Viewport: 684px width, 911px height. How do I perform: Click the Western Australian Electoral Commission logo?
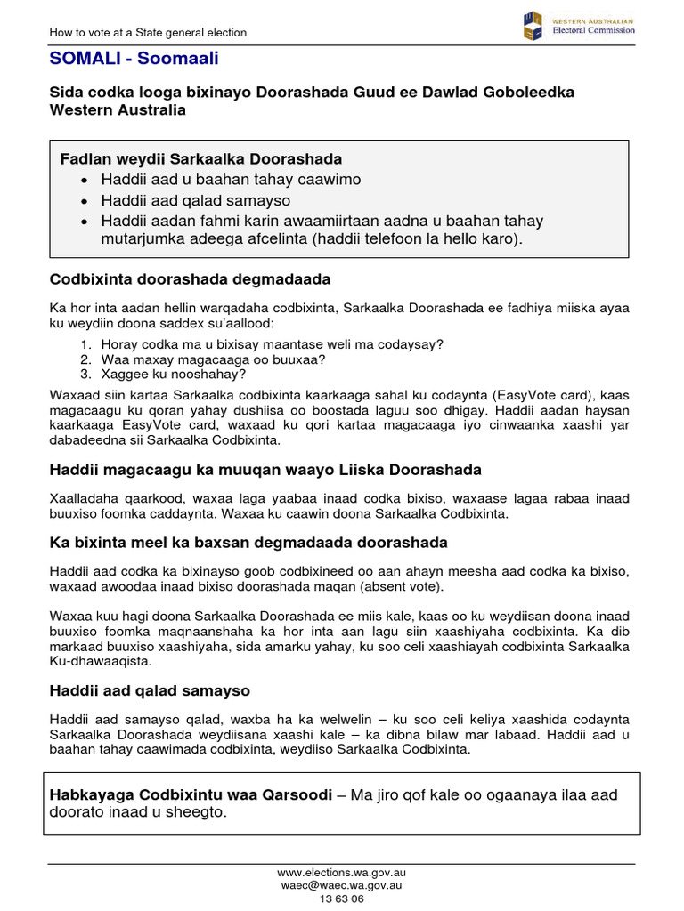[x=579, y=25]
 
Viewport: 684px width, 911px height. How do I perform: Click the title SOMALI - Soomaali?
[x=134, y=59]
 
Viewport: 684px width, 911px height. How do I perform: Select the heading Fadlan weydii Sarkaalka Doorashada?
[x=200, y=159]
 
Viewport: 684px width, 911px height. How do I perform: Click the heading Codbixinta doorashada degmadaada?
[x=190, y=279]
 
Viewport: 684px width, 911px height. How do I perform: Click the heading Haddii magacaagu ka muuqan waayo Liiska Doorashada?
[x=265, y=469]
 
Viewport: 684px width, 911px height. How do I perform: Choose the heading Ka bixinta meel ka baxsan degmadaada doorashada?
[x=248, y=542]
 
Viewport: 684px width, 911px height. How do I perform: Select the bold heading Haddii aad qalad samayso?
[x=150, y=690]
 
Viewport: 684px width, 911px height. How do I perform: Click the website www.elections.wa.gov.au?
[x=342, y=873]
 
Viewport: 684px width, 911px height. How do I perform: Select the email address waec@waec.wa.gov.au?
[x=342, y=885]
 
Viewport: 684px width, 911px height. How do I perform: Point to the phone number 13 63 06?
[x=342, y=899]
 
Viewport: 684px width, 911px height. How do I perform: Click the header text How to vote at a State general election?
[x=148, y=33]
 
